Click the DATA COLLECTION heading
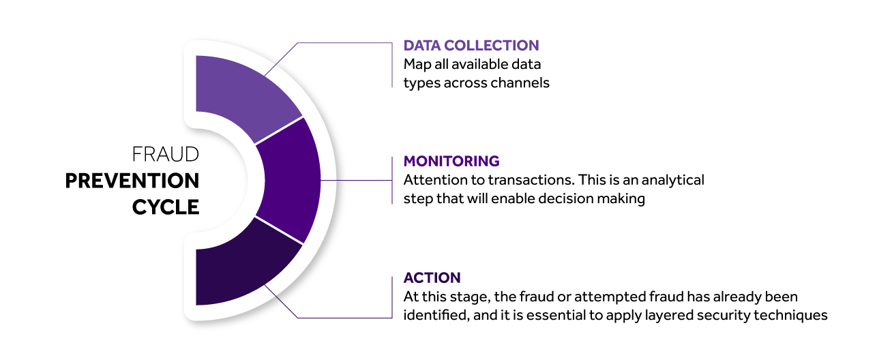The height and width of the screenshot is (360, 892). [x=471, y=46]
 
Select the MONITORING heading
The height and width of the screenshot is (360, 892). [x=451, y=162]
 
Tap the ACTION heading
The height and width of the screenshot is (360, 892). [x=432, y=277]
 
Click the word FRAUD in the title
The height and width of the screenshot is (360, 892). [x=165, y=155]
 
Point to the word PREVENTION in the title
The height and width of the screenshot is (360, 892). [x=132, y=181]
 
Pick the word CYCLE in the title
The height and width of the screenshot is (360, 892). [x=166, y=207]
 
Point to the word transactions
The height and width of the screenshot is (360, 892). [x=531, y=180]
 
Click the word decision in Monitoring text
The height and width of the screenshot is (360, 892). [x=565, y=198]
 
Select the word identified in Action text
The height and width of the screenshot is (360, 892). [x=436, y=315]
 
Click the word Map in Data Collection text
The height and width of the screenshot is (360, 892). [x=417, y=65]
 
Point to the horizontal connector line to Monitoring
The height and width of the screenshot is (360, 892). [x=357, y=181]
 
